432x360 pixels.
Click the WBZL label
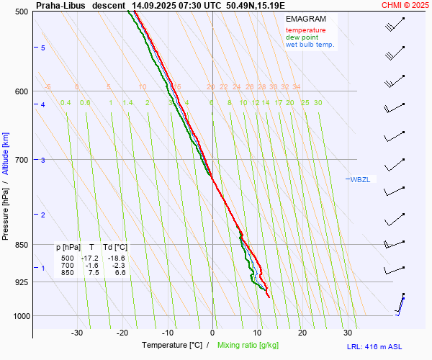360,179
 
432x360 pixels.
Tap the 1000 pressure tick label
21,315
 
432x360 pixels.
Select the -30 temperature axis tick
77,333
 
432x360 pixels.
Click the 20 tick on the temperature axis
302,333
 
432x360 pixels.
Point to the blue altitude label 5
42,48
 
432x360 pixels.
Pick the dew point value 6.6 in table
120,273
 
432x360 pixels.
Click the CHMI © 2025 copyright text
405,5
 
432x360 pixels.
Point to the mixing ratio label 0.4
66,102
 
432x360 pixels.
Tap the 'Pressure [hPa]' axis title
6,209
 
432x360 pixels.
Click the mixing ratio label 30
318,102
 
